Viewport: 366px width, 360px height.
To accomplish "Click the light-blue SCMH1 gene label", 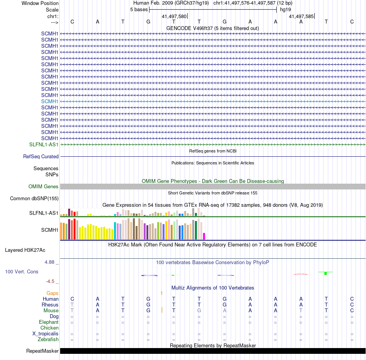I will pyautogui.click(x=50, y=101).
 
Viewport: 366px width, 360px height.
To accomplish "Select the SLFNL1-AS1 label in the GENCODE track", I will pyautogui.click(x=44, y=145).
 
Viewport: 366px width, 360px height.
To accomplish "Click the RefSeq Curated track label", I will pyautogui.click(x=41, y=157).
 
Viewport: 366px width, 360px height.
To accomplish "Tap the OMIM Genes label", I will pyautogui.click(x=44, y=187).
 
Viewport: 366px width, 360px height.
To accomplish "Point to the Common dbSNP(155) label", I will pyautogui.click(x=34, y=199).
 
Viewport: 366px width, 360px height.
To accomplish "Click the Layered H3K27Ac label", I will pyautogui.click(x=25, y=250).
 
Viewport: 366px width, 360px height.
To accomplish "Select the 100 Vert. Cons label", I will pyautogui.click(x=22, y=272).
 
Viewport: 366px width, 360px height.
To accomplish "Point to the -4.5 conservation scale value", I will pyautogui.click(x=51, y=281).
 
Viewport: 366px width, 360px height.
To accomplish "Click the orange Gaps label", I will pyautogui.click(x=52, y=293).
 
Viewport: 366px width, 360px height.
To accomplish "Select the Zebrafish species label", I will pyautogui.click(x=48, y=340).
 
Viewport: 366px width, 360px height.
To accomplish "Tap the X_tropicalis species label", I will pyautogui.click(x=45, y=334).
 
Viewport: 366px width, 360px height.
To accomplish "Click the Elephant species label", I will pyautogui.click(x=49, y=322).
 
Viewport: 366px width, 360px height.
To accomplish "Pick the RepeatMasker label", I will pyautogui.click(x=42, y=351).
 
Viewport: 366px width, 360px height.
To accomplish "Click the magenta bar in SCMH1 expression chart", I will pyautogui.click(x=204, y=236).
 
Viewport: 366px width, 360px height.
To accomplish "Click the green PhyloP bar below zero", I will pyautogui.click(x=326, y=273).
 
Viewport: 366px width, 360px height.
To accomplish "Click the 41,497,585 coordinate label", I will pyautogui.click(x=301, y=17).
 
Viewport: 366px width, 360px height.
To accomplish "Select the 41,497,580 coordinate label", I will pyautogui.click(x=174, y=17).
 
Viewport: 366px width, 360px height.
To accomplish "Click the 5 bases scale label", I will pyautogui.click(x=139, y=10).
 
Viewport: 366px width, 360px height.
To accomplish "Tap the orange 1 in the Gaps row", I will pyautogui.click(x=162, y=293).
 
